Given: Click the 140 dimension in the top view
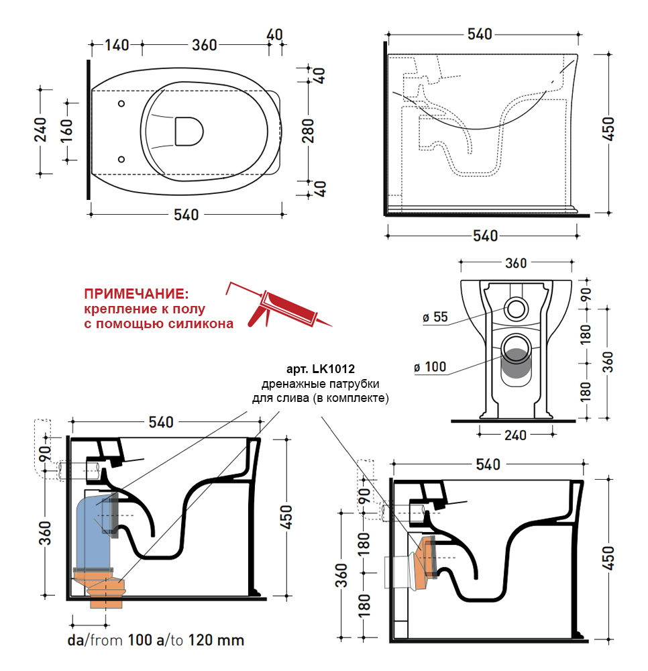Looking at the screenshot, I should pyautogui.click(x=117, y=45).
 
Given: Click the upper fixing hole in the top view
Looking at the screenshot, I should pyautogui.click(x=121, y=104).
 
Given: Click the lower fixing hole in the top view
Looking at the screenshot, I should pyautogui.click(x=121, y=159).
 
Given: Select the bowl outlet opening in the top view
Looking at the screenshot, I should pyautogui.click(x=188, y=131).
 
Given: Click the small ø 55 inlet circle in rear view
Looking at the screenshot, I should pyautogui.click(x=517, y=309).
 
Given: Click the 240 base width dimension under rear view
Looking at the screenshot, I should pyautogui.click(x=515, y=435).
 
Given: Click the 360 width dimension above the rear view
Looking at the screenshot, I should pyautogui.click(x=515, y=263).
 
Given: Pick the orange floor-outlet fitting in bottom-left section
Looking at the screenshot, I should pyautogui.click(x=104, y=590).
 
